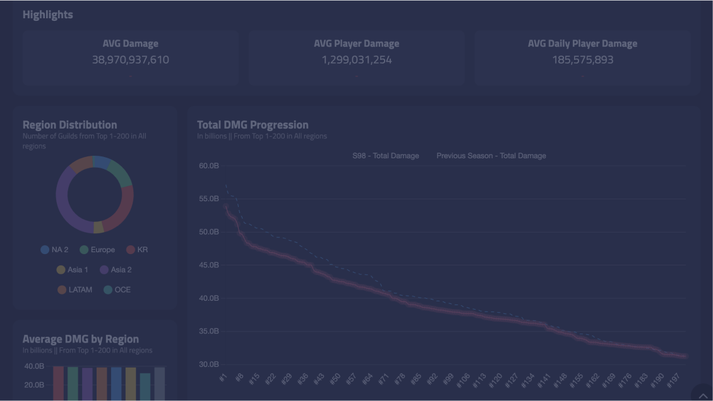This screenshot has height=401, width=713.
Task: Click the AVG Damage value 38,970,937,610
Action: coord(130,60)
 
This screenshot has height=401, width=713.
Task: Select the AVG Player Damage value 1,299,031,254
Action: coord(356,60)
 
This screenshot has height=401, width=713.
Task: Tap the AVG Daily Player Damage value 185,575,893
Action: coord(582,60)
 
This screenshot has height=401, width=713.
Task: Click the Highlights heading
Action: coord(47,15)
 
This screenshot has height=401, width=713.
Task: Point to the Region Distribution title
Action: coord(69,125)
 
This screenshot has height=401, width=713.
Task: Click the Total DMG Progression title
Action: coord(253,125)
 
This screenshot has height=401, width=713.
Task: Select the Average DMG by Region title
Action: coord(80,339)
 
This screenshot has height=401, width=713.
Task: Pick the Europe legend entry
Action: coord(97,250)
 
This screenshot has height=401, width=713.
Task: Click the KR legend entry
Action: coord(137,250)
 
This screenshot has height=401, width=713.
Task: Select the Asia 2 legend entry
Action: coord(116,270)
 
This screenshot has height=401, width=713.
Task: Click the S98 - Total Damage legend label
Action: coord(385,156)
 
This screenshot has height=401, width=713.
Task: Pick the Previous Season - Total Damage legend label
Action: coord(491,156)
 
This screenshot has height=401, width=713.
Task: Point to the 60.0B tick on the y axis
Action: coord(208,166)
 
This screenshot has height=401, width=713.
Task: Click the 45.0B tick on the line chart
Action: coord(208,265)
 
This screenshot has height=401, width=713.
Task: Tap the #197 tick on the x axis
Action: coord(673,380)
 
